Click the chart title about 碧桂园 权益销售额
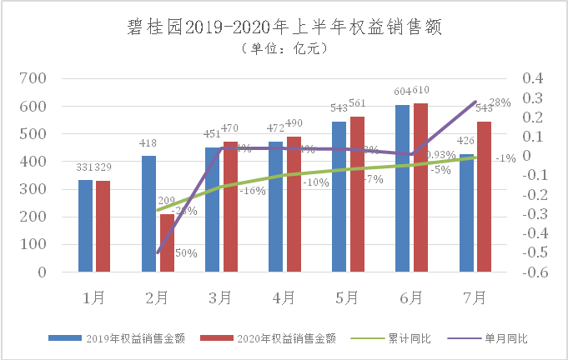(x=283, y=27)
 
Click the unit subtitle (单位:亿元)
(x=283, y=49)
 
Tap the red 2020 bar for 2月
(x=167, y=243)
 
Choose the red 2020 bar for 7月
(x=483, y=197)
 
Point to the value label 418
(x=148, y=144)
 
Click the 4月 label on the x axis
(x=284, y=296)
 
